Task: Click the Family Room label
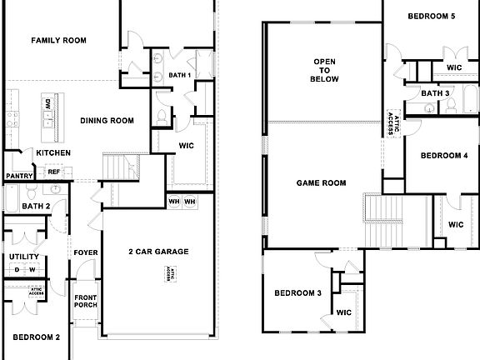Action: [x=59, y=40]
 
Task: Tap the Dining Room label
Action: [x=107, y=121]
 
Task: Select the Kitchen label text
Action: [x=53, y=153]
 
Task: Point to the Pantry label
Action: [x=18, y=176]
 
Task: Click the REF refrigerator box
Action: [x=54, y=172]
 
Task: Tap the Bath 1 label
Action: [x=180, y=76]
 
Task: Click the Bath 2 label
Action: [x=37, y=206]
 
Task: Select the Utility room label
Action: [x=24, y=257]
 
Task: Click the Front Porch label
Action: [x=86, y=302]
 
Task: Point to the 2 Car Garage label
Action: [x=158, y=251]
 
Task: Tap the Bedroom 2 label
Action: [x=37, y=337]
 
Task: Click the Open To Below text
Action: [x=324, y=72]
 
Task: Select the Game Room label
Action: [x=322, y=182]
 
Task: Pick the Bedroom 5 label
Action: [x=431, y=16]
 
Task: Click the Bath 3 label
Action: [x=435, y=93]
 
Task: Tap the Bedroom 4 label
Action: [x=442, y=155]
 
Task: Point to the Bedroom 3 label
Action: [x=298, y=292]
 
